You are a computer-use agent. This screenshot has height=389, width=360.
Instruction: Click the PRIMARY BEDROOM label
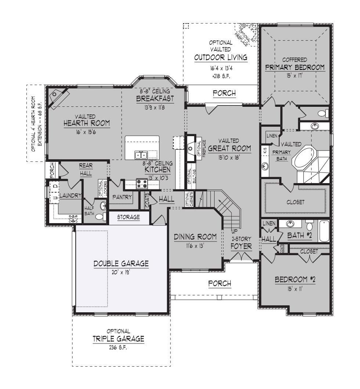coord(295,67)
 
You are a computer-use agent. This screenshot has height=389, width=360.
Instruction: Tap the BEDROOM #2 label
coord(295,280)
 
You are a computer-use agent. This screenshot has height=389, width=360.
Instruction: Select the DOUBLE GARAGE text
coord(121,263)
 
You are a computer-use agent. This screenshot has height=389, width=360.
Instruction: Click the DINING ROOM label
coord(195,237)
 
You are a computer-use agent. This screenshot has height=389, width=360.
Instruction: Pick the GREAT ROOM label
coord(229,148)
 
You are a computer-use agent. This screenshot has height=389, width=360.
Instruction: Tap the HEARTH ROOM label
coord(87,123)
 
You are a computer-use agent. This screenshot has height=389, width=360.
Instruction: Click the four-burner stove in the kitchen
coord(142,183)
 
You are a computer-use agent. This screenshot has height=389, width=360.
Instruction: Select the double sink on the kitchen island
coord(141,154)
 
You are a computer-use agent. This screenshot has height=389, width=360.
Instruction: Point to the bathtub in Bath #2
coord(324,231)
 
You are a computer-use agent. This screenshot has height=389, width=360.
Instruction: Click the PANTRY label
coord(122,197)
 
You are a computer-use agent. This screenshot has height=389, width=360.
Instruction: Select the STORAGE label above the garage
coord(128,217)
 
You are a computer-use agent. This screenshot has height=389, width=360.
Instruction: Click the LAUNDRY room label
coord(70,196)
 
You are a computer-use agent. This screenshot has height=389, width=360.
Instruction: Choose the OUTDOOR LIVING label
coord(221,58)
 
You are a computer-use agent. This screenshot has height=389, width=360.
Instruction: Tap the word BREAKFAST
coord(155,99)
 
